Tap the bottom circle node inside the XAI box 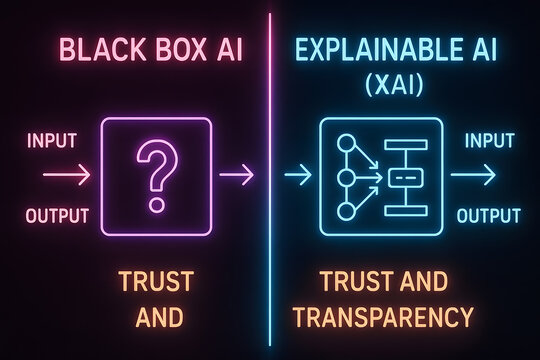346,212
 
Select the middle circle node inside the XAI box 346,178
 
